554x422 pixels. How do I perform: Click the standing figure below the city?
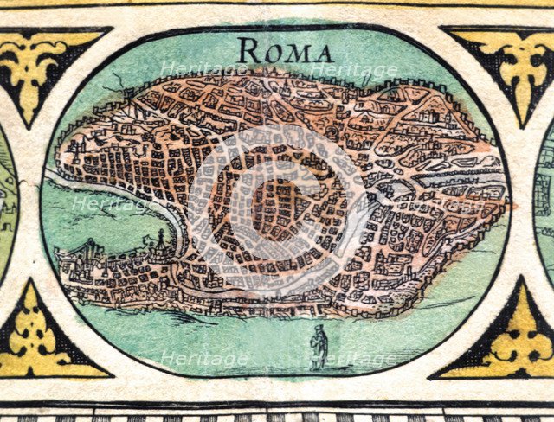[x=319, y=348]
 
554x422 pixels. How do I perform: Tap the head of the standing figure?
[x=319, y=329]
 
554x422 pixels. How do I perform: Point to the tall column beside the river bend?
[x=161, y=239]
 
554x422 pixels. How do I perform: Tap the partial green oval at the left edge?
[x=7, y=199]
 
